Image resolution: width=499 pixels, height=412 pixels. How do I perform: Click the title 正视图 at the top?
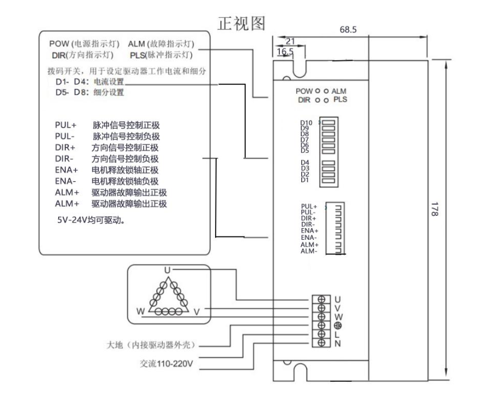click(240, 23)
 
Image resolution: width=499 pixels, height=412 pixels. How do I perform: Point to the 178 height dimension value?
click(436, 212)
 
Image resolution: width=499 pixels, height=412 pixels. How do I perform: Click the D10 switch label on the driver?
click(306, 123)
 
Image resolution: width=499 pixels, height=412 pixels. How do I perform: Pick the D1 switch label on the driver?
click(305, 180)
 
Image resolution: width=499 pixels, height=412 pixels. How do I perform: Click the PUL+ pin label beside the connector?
click(308, 207)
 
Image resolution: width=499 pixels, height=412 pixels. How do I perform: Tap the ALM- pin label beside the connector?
click(309, 250)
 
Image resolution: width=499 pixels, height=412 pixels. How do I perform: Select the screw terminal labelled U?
click(322, 298)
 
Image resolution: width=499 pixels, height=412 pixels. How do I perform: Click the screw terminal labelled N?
click(322, 343)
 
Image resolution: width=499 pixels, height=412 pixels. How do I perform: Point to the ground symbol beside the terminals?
click(338, 325)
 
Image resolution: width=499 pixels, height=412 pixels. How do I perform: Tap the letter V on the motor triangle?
click(197, 311)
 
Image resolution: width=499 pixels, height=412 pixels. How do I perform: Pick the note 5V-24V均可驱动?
click(89, 220)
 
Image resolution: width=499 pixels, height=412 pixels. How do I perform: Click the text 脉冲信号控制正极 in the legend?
click(126, 125)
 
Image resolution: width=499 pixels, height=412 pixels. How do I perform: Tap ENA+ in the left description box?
click(66, 170)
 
